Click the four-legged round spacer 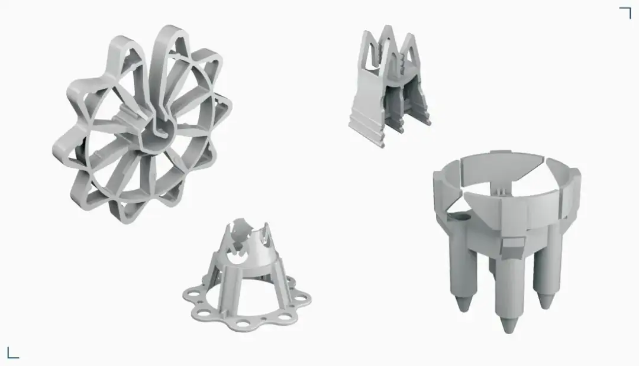point(506,231)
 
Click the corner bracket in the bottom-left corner point(12,353)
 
